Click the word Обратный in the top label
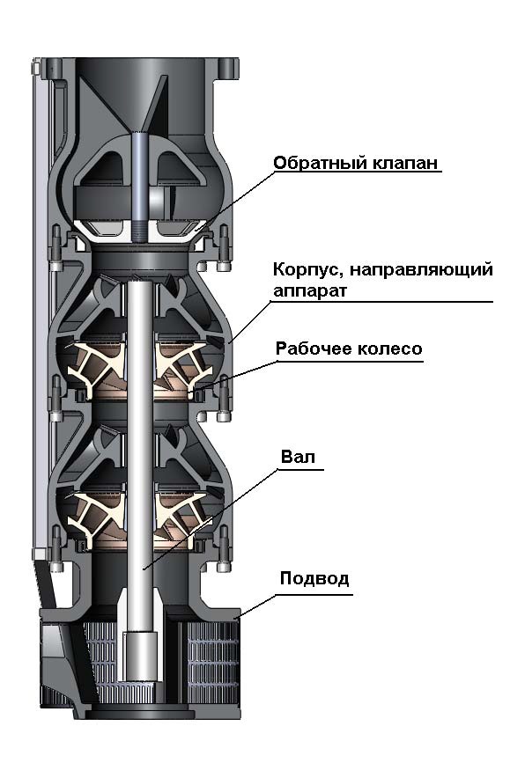tap(320, 163)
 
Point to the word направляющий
tap(421, 270)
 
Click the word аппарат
tap(309, 291)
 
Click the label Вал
tap(298, 457)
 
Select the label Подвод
tap(314, 578)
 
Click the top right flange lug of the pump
tap(226, 68)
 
